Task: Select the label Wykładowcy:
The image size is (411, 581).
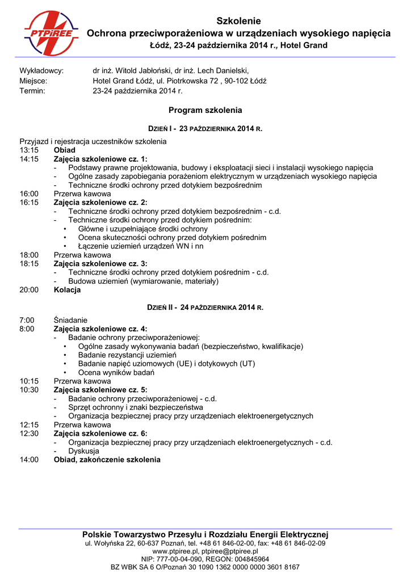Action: (x=41, y=71)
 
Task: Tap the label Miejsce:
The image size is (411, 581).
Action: (x=33, y=81)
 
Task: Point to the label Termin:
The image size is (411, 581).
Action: (x=32, y=90)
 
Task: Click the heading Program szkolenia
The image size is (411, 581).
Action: (x=205, y=110)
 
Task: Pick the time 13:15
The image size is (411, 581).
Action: (x=29, y=150)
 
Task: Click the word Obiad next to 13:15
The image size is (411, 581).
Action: (x=64, y=150)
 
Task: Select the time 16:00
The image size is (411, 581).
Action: (x=29, y=193)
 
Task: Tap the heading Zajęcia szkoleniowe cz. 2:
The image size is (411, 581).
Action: (x=100, y=202)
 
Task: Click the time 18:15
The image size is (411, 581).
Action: (x=29, y=264)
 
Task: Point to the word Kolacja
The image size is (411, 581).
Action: (x=67, y=290)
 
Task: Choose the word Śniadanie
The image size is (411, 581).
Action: (x=71, y=320)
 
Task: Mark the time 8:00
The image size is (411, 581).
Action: (x=27, y=329)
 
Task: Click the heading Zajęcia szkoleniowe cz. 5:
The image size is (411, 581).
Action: (x=100, y=390)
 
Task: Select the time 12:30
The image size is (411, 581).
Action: (x=29, y=433)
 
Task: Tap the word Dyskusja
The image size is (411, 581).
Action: (x=84, y=451)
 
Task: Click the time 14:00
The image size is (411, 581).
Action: (x=29, y=460)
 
